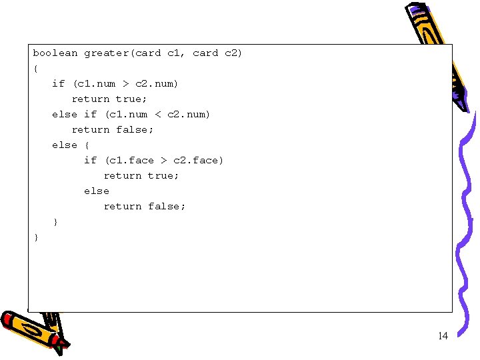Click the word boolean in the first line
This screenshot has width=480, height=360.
click(55, 53)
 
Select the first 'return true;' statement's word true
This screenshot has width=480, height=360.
click(129, 99)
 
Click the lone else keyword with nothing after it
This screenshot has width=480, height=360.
click(97, 191)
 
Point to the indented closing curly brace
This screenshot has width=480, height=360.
click(55, 221)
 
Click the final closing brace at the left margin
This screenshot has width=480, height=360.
click(36, 237)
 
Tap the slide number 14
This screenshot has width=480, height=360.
click(443, 335)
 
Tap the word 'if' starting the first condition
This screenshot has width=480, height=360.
click(59, 83)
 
